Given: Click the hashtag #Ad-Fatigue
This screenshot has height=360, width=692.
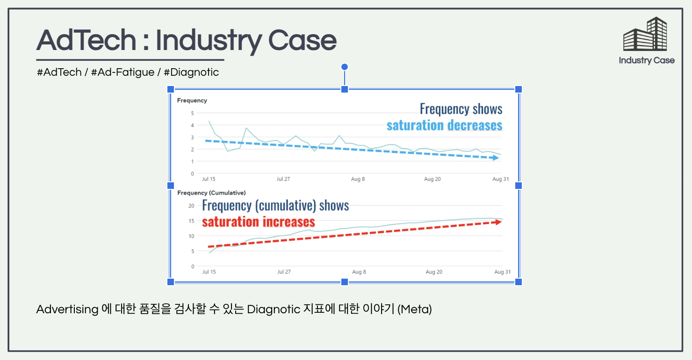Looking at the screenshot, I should coord(123,72).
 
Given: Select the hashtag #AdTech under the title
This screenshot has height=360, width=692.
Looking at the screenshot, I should coord(59,72).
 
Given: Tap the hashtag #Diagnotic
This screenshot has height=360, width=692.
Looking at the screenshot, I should coord(191,72).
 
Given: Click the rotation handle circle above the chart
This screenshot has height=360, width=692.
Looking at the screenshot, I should coord(345,67).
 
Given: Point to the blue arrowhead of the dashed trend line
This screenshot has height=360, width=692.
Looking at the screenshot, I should coord(496,158).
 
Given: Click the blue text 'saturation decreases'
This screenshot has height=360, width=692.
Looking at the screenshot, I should coord(444,125).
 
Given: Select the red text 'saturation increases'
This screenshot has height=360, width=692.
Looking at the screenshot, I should coord(259,222).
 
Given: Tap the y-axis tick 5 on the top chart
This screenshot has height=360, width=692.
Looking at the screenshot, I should coord(192,113).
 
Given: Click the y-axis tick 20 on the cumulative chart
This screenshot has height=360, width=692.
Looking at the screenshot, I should coord(191,206).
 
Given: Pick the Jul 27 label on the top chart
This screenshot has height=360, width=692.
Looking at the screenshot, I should coord(283,179).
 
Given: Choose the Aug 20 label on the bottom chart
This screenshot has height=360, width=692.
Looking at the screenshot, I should coord(434,272).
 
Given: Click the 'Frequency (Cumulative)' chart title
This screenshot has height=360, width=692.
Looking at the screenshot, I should coord(211,193).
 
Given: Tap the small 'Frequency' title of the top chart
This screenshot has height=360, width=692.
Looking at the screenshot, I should coord(192,101).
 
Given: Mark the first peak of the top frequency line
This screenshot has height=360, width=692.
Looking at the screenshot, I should coord(209,122).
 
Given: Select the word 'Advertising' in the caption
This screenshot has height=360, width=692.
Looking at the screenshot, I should coord(67,310).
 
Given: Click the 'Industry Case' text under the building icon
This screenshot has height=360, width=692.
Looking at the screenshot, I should coord(647,60).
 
